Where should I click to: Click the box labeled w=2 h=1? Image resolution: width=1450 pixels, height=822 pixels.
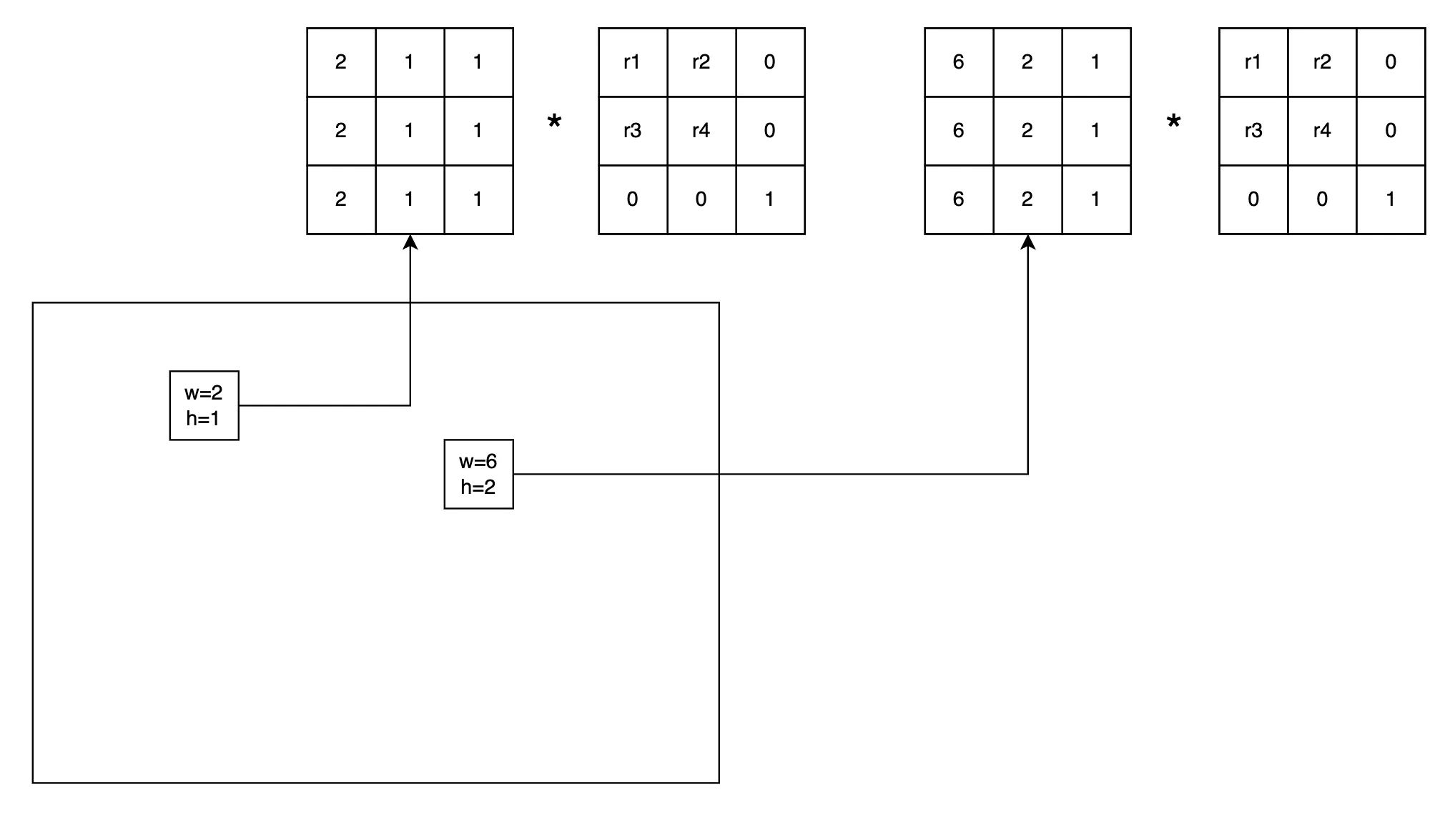click(204, 405)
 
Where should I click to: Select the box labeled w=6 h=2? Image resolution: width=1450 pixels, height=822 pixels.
click(478, 474)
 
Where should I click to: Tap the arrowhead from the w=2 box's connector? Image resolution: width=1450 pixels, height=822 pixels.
click(410, 242)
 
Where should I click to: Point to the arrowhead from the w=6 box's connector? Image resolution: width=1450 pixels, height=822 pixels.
click(1027, 242)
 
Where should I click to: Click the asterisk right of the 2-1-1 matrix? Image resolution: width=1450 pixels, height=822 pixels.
click(554, 123)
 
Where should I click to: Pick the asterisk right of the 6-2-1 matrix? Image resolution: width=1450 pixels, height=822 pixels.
click(1173, 123)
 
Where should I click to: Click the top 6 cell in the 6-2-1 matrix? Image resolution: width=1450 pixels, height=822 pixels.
click(958, 62)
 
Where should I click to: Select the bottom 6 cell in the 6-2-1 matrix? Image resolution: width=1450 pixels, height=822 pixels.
click(958, 199)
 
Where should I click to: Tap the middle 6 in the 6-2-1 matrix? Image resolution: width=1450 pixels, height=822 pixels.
click(958, 131)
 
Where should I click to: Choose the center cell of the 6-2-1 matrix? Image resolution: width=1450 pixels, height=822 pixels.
click(1027, 131)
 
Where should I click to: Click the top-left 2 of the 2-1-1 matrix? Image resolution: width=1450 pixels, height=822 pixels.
click(340, 62)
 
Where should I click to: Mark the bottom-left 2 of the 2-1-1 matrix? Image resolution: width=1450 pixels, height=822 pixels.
click(340, 199)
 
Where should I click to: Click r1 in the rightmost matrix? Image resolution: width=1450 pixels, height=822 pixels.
click(1253, 62)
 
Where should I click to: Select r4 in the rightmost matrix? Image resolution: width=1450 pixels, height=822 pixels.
click(1321, 131)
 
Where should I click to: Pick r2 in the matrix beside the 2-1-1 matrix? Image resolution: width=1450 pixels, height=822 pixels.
click(701, 62)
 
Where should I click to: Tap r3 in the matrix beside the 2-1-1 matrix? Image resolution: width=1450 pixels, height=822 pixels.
click(632, 131)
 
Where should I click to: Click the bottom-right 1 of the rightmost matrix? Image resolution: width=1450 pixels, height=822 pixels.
click(1390, 199)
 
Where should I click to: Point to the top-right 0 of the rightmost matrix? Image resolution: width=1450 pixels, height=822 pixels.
click(1390, 62)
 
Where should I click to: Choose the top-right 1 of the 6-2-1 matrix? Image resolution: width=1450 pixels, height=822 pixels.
click(1095, 62)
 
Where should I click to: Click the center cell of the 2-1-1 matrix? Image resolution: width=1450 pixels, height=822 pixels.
click(409, 131)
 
